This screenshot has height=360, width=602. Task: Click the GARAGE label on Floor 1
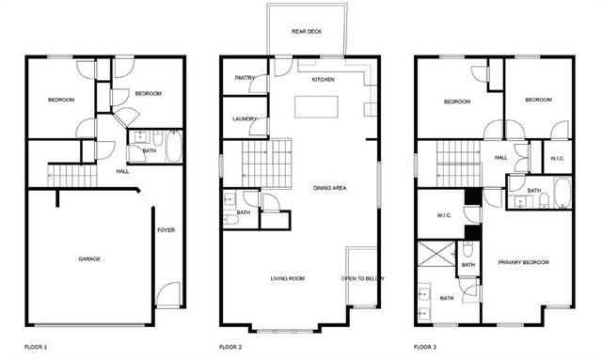(89, 258)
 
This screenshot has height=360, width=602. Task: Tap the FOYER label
(166, 229)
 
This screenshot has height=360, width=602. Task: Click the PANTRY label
(245, 78)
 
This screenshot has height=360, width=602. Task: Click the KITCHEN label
(324, 79)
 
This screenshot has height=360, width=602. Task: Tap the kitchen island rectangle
(315, 105)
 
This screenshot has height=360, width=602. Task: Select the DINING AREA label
(330, 188)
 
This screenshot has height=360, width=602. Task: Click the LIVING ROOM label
(288, 278)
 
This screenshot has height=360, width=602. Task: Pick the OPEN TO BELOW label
(362, 278)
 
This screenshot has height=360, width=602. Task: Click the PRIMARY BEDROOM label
(523, 262)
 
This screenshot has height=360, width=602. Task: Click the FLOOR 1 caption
(36, 348)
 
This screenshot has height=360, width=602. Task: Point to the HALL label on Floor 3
(500, 157)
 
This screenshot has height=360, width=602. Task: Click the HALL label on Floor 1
(122, 172)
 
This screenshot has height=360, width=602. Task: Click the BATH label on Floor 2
(244, 212)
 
